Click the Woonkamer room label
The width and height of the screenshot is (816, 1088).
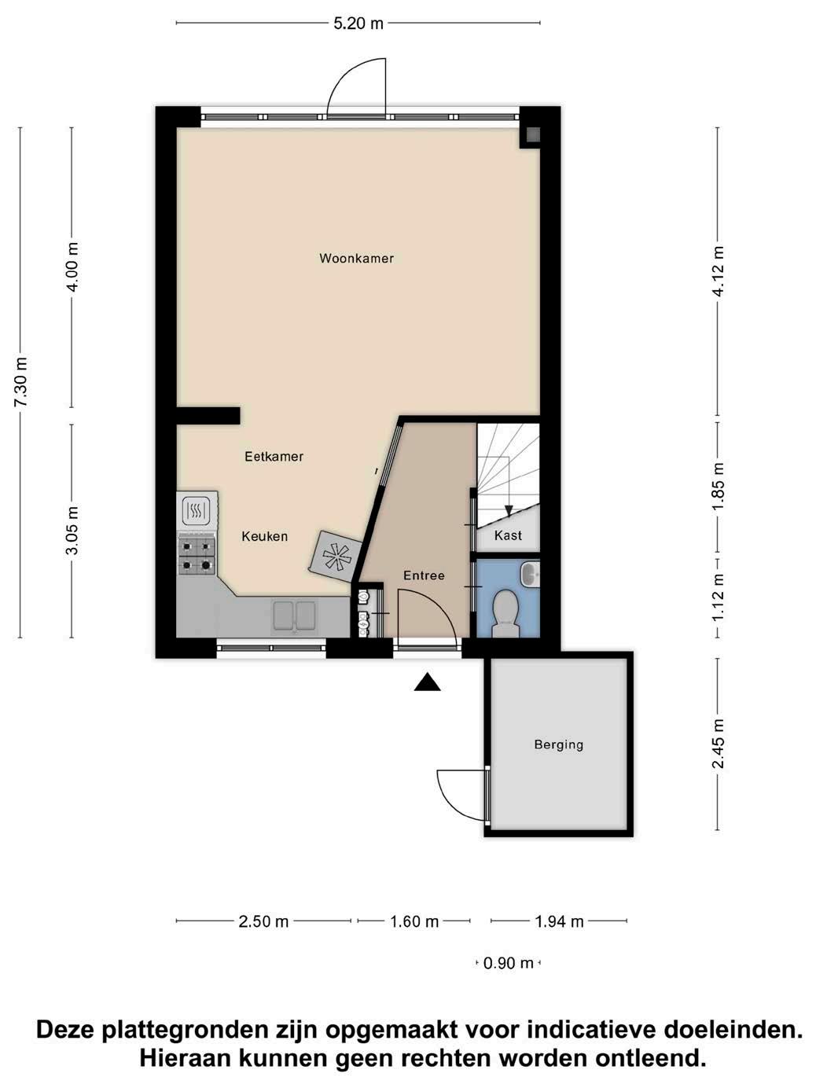click(x=356, y=259)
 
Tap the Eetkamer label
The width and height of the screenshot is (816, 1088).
click(x=274, y=457)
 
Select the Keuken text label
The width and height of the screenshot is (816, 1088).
click(x=265, y=536)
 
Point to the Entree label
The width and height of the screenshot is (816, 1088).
click(x=424, y=575)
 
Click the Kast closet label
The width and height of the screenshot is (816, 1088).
click(x=509, y=535)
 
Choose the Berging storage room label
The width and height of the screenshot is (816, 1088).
click(x=559, y=744)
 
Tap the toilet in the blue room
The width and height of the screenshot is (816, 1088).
click(x=505, y=613)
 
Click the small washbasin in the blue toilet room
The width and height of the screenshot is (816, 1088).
click(x=530, y=575)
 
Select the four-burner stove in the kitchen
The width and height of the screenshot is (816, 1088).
click(x=197, y=556)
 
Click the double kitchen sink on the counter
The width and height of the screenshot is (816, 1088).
click(x=294, y=616)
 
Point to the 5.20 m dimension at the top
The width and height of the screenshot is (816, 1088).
click(x=358, y=24)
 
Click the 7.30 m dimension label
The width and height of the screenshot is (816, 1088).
click(x=22, y=382)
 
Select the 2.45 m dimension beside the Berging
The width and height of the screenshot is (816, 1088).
click(x=718, y=744)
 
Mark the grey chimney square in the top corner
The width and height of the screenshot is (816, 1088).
click(x=533, y=134)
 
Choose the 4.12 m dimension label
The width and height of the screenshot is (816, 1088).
click(x=718, y=271)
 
